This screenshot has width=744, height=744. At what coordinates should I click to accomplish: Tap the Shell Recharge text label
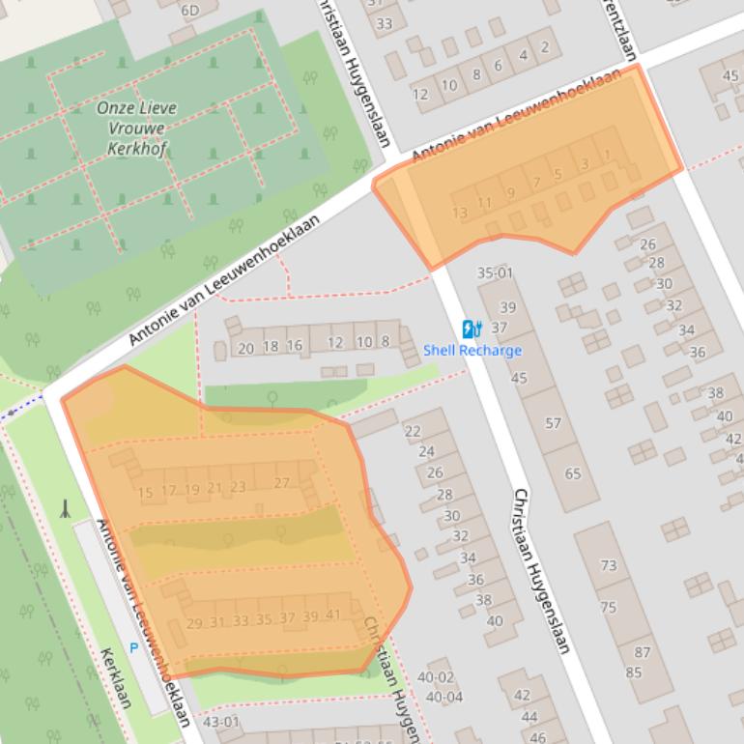point(472,351)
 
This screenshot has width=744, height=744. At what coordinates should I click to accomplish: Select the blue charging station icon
point(472,329)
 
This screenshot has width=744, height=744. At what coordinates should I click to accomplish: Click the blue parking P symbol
point(134,648)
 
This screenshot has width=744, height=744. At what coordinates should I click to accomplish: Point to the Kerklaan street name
point(115,677)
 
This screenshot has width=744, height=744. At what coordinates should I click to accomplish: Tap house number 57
point(553,423)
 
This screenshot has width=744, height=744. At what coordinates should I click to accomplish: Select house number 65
point(573,473)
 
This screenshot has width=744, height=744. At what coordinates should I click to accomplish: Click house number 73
point(608,565)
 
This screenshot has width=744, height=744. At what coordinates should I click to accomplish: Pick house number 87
point(643,652)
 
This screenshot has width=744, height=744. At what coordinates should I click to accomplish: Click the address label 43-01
point(220,722)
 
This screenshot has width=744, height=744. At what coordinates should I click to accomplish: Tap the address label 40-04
point(444,697)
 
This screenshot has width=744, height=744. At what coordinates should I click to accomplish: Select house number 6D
point(189,11)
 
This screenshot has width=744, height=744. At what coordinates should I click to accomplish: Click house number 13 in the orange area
point(460,213)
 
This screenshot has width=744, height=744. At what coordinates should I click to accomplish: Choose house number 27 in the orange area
point(282,483)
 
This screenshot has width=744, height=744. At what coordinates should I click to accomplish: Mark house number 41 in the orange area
point(333,616)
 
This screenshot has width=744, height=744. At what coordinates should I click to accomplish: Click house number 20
point(245,347)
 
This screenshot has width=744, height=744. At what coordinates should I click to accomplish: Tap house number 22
point(413,431)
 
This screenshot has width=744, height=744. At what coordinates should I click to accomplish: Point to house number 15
point(146,493)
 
